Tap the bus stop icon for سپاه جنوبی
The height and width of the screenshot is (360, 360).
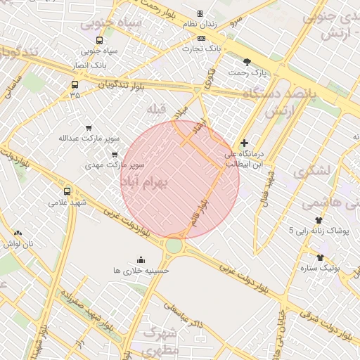[98, 40]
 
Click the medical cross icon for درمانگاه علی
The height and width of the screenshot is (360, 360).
[245, 143]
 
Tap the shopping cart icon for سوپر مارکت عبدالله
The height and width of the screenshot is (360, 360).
[88, 128]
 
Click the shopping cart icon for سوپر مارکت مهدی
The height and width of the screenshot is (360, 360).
[115, 155]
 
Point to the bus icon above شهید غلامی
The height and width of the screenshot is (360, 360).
[67, 191]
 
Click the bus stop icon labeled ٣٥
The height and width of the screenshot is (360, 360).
[75, 85]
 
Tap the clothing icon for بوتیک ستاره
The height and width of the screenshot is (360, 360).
[321, 257]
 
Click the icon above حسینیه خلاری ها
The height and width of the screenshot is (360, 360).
[141, 259]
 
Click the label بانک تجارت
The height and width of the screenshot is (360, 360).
[202, 49]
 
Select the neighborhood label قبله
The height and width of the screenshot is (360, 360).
[155, 110]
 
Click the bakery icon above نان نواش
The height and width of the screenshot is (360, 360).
[18, 233]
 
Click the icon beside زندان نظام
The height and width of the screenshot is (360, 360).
[200, 13]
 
